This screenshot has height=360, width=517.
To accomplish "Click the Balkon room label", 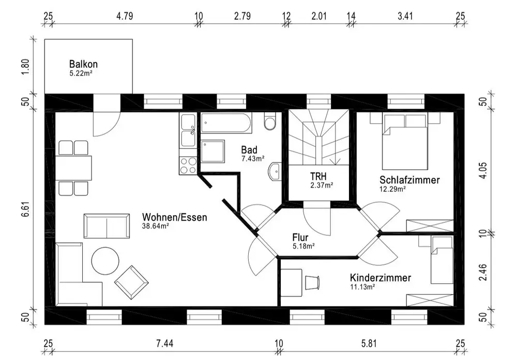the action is click(x=83, y=65).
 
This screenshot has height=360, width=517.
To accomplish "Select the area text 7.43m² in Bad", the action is click(x=253, y=158).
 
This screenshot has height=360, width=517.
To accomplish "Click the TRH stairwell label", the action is click(x=318, y=176).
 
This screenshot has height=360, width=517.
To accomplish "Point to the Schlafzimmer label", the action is click(x=409, y=181).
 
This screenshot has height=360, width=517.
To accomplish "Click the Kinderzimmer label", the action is click(x=380, y=278).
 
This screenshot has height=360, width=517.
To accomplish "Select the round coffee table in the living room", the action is click(x=105, y=260).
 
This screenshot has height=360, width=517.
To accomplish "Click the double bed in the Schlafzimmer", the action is click(x=405, y=142).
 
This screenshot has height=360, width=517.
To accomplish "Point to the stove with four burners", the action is click(x=187, y=165).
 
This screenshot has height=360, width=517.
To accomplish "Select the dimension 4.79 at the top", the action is click(x=125, y=16).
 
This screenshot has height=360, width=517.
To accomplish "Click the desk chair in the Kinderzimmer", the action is click(x=312, y=282).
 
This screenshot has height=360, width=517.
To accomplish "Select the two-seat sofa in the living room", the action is click(x=107, y=226).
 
